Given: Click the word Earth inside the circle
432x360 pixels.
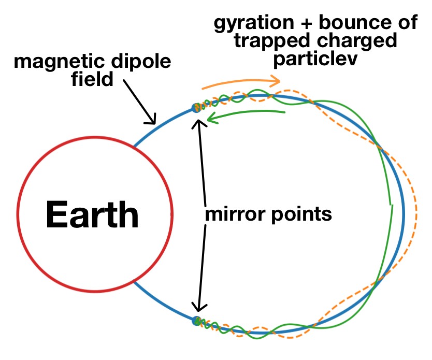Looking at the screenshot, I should [x=93, y=214].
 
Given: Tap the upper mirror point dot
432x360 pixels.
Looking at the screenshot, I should [x=196, y=108].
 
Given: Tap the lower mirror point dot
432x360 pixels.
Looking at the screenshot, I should [x=196, y=321].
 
